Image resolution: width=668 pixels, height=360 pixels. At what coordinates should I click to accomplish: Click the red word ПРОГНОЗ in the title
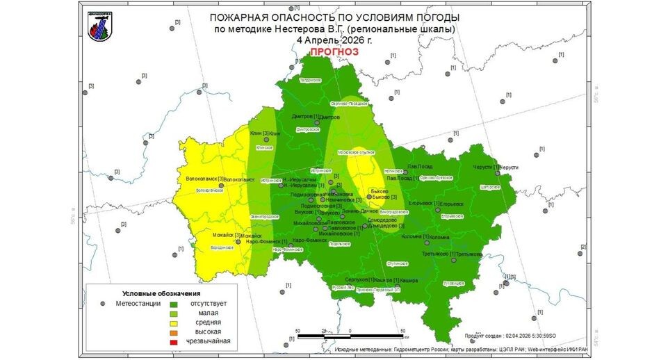pos(334,52)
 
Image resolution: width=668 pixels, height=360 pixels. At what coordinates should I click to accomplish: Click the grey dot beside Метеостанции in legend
pos(103,303)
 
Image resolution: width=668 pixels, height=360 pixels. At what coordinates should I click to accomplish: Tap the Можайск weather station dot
pos(238,240)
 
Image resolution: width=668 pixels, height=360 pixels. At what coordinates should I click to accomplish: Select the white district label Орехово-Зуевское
pos(437,177)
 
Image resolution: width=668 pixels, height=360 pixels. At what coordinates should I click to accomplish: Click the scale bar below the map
pos(350,337)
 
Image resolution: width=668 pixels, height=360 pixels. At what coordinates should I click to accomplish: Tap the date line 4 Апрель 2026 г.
pos(334,40)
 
